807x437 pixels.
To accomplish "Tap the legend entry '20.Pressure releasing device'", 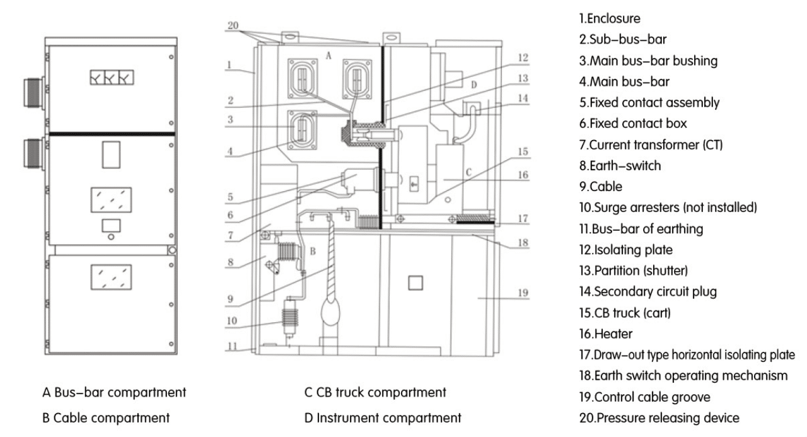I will click(659, 417).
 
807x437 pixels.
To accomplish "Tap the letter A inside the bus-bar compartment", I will click(328, 55).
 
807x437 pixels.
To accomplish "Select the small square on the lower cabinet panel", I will click(414, 283).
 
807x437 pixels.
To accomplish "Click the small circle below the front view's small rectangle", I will click(110, 238).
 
